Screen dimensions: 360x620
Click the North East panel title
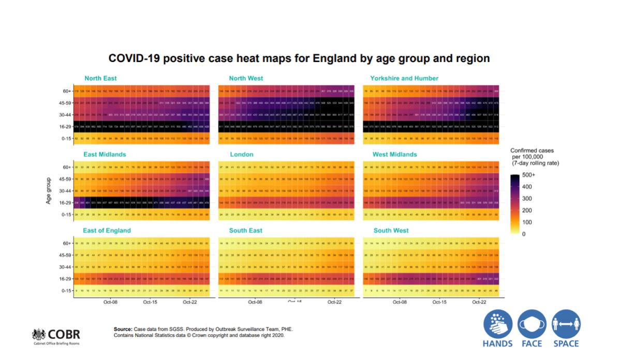(x=100, y=79)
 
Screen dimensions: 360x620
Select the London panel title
(x=242, y=155)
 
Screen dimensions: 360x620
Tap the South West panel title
(x=391, y=231)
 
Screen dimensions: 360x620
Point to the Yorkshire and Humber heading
(x=404, y=79)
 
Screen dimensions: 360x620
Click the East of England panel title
(x=107, y=231)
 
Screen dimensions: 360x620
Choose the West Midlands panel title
(x=394, y=155)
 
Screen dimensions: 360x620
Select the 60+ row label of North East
(x=66, y=91)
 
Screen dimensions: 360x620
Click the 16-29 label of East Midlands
(x=65, y=203)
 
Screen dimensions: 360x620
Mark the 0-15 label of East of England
(x=66, y=291)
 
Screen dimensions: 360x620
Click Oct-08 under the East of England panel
(x=110, y=302)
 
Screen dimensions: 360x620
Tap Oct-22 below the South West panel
(x=479, y=302)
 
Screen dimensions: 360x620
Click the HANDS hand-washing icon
(x=498, y=324)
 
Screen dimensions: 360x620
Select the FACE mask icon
(x=532, y=324)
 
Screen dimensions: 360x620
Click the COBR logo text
(x=64, y=334)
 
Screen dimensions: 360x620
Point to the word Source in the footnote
(x=123, y=329)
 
